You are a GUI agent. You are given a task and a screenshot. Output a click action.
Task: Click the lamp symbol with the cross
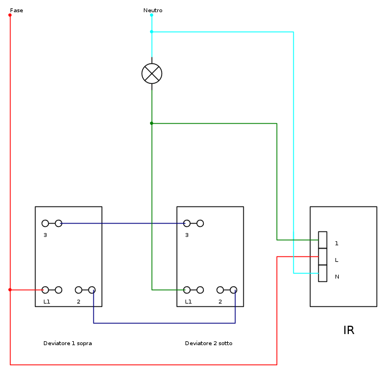coord(152,73)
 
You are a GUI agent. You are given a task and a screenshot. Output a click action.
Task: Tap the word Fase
coord(17,11)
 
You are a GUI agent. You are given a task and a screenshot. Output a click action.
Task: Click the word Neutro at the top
coord(153,11)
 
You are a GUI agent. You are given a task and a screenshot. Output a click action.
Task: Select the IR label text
coord(349,331)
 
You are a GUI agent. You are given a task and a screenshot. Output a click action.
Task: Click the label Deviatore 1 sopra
coord(68,343)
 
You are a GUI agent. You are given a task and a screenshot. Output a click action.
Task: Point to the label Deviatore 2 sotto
coord(209,343)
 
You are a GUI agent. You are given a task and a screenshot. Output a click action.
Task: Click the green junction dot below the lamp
coord(152,123)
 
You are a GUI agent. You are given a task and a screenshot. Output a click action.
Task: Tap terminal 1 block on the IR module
coord(323,240)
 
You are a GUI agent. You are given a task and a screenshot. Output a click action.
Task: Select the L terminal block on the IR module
coord(323,256)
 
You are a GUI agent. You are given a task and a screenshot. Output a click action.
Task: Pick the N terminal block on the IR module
coord(323,273)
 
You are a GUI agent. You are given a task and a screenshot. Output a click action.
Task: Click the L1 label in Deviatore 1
coord(47,302)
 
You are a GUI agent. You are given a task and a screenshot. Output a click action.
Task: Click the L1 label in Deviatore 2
coord(188,302)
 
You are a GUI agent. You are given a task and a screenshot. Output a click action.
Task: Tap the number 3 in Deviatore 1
coord(45,235)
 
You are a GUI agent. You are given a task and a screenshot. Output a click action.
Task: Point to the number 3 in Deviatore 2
coord(187,235)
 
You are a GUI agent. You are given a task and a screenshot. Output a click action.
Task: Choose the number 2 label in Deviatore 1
coord(78,302)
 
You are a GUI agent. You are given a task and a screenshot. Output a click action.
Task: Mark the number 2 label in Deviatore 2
coord(220,302)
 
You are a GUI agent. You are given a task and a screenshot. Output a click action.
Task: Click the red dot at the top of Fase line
coord(10,15)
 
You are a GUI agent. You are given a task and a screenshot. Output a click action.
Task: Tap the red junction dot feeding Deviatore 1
coord(10,290)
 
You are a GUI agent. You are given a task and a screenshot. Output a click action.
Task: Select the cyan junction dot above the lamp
coord(152,32)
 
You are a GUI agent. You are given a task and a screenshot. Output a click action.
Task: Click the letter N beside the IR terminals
coord(337,277)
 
